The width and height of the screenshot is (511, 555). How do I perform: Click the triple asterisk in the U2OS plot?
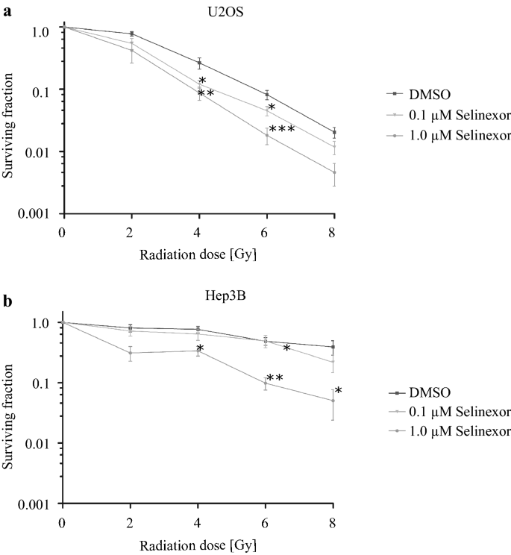click(x=282, y=130)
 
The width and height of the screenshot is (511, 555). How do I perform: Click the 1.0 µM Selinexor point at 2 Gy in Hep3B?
click(x=131, y=353)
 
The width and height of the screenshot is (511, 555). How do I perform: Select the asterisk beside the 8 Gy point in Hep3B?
click(x=338, y=391)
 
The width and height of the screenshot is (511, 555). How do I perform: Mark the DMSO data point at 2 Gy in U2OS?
click(x=131, y=34)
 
